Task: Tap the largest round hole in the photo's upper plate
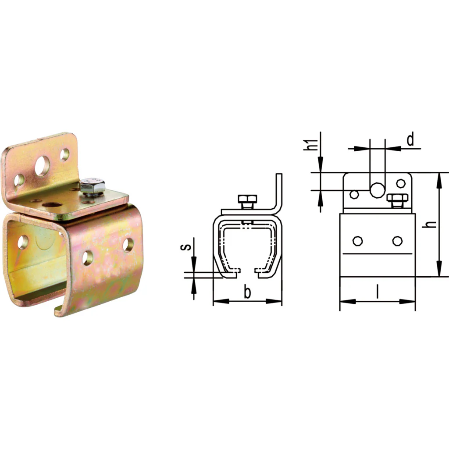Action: tap(42, 165)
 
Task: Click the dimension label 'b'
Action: tap(247, 292)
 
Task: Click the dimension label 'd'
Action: tap(410, 139)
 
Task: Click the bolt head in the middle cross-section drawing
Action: tap(247, 199)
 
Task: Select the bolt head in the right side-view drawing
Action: tap(397, 197)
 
